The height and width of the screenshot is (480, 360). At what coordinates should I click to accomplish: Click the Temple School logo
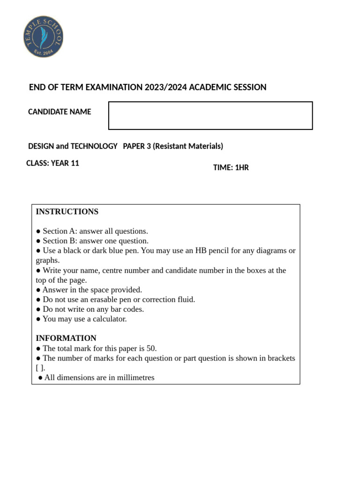click(44, 37)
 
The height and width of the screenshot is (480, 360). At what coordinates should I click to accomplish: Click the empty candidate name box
click(210, 115)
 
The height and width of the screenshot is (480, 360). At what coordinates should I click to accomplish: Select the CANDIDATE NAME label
click(60, 112)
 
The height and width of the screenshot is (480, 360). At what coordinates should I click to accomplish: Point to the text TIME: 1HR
click(231, 167)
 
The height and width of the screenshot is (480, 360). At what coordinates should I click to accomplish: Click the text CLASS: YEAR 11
click(52, 164)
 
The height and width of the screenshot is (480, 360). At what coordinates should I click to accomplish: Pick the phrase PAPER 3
click(137, 146)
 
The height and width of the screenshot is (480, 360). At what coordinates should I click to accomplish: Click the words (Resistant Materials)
click(188, 146)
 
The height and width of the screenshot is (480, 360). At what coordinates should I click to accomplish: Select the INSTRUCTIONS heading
click(67, 212)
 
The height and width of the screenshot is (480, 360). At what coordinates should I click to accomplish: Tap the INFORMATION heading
click(66, 338)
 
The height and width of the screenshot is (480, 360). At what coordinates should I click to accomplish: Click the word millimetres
click(132, 377)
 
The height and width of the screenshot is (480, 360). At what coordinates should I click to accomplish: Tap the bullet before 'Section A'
click(38, 232)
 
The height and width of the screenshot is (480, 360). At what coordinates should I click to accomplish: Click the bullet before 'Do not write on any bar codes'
click(38, 310)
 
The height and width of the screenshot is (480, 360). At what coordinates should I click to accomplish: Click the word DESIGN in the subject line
click(41, 146)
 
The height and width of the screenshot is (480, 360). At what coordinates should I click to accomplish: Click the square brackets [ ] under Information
click(39, 368)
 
